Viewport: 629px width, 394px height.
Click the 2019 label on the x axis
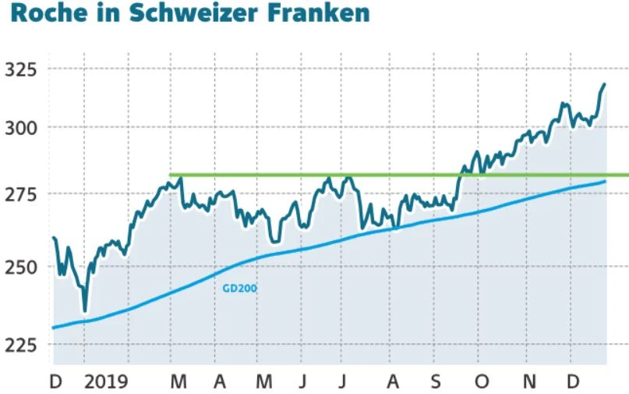(106, 382)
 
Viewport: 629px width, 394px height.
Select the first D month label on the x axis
(55, 382)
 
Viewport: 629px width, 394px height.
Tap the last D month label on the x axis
(573, 382)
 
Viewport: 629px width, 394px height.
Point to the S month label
(436, 382)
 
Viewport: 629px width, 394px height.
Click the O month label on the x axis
(482, 382)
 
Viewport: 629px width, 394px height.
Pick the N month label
(528, 382)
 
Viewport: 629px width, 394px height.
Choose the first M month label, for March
(178, 382)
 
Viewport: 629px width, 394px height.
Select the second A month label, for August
(393, 382)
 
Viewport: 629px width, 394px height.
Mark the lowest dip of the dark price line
(85, 311)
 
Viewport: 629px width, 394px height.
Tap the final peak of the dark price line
(604, 84)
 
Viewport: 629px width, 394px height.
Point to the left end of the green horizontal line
(171, 175)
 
